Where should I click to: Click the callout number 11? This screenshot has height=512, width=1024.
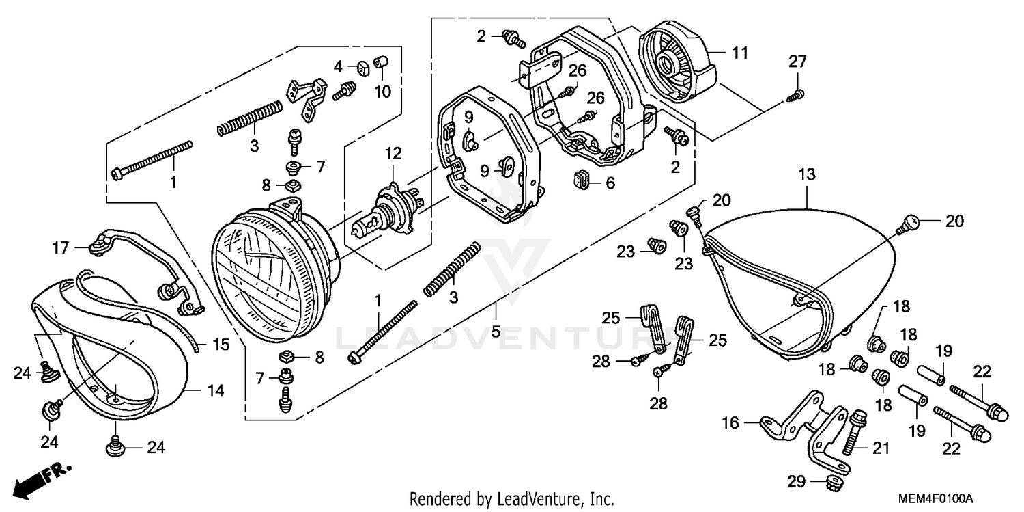click(x=740, y=53)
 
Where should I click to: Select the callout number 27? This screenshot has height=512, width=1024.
click(x=798, y=62)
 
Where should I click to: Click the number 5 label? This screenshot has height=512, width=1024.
click(x=496, y=332)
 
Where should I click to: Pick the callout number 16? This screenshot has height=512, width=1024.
click(x=730, y=423)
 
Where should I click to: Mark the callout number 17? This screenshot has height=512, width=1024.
click(x=61, y=247)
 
